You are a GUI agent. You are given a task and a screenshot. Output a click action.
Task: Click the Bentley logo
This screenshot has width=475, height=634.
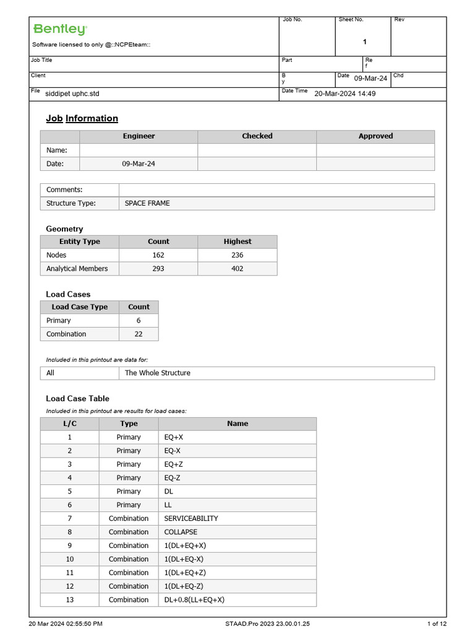click(60, 29)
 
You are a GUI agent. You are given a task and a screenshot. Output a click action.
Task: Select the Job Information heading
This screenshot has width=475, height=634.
click(82, 118)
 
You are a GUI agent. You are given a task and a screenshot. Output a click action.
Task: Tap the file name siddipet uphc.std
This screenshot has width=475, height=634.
click(72, 93)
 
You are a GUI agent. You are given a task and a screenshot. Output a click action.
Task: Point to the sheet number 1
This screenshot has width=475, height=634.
click(365, 42)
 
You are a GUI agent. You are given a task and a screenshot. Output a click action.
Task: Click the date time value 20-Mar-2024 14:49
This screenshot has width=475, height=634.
click(345, 93)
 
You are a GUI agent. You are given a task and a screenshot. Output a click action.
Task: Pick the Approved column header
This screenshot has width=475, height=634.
click(375, 136)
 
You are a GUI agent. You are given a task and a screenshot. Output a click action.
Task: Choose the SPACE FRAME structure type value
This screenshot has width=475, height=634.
click(147, 203)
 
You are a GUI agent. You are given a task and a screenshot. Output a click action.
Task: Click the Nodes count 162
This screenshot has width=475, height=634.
click(158, 255)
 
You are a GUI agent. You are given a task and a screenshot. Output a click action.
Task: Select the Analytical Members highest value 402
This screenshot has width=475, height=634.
click(237, 269)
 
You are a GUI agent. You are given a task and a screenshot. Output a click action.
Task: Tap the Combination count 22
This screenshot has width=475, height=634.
click(139, 334)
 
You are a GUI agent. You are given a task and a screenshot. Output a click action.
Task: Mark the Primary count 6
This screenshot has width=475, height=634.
click(139, 321)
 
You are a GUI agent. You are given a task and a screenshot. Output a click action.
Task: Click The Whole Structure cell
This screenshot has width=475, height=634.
click(158, 373)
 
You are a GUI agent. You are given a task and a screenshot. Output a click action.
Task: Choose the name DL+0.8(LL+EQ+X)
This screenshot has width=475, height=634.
click(194, 600)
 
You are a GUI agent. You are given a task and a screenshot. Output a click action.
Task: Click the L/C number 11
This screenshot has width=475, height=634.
click(70, 573)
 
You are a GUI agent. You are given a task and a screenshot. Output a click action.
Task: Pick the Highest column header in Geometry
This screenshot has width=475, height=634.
click(237, 241)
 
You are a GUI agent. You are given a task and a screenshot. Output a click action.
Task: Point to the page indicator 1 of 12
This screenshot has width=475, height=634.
click(437, 623)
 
